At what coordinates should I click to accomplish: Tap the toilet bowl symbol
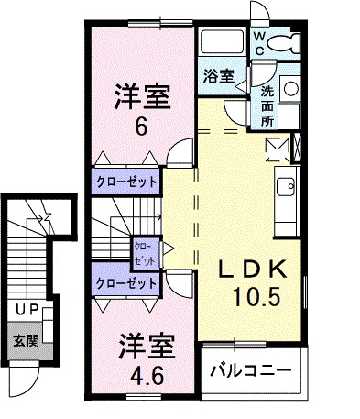pyautogui.click(x=288, y=43)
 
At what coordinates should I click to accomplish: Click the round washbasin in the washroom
pyautogui.click(x=289, y=88)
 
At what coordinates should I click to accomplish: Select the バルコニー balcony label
pyautogui.click(x=249, y=371)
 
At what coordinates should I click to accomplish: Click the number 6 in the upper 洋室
pyautogui.click(x=140, y=128)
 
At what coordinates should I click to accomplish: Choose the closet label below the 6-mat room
pyautogui.click(x=125, y=181)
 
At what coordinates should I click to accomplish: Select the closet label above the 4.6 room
pyautogui.click(x=125, y=283)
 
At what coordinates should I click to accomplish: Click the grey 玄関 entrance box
pyautogui.click(x=25, y=342)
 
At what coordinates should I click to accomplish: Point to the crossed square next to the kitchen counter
pyautogui.click(x=276, y=146)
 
